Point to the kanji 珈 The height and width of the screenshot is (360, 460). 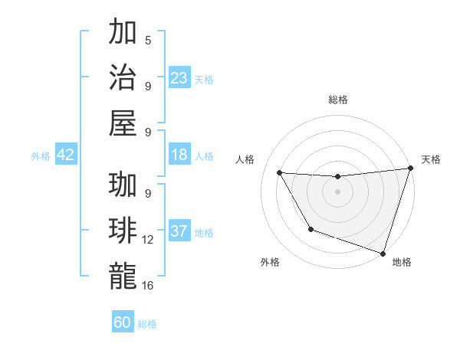pos(123,185)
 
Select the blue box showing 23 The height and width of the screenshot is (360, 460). pos(179,77)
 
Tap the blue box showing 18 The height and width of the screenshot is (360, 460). pos(179,155)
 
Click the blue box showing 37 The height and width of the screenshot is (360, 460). pos(179,231)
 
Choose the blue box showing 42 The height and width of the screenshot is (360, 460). pos(66,155)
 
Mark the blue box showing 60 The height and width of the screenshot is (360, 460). pos(123,322)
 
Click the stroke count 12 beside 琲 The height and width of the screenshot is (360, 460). pos(148,240)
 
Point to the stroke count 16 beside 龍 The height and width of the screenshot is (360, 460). pos(148,285)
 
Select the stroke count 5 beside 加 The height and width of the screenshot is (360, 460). pos(148,41)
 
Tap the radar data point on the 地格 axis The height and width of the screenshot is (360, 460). pos(383,253)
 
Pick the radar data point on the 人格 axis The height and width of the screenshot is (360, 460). pos(279,173)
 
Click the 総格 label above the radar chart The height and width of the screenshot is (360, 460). pos(338,100)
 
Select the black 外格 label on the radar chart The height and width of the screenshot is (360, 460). pos(270,262)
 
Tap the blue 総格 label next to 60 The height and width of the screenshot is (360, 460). pos(147,324)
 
